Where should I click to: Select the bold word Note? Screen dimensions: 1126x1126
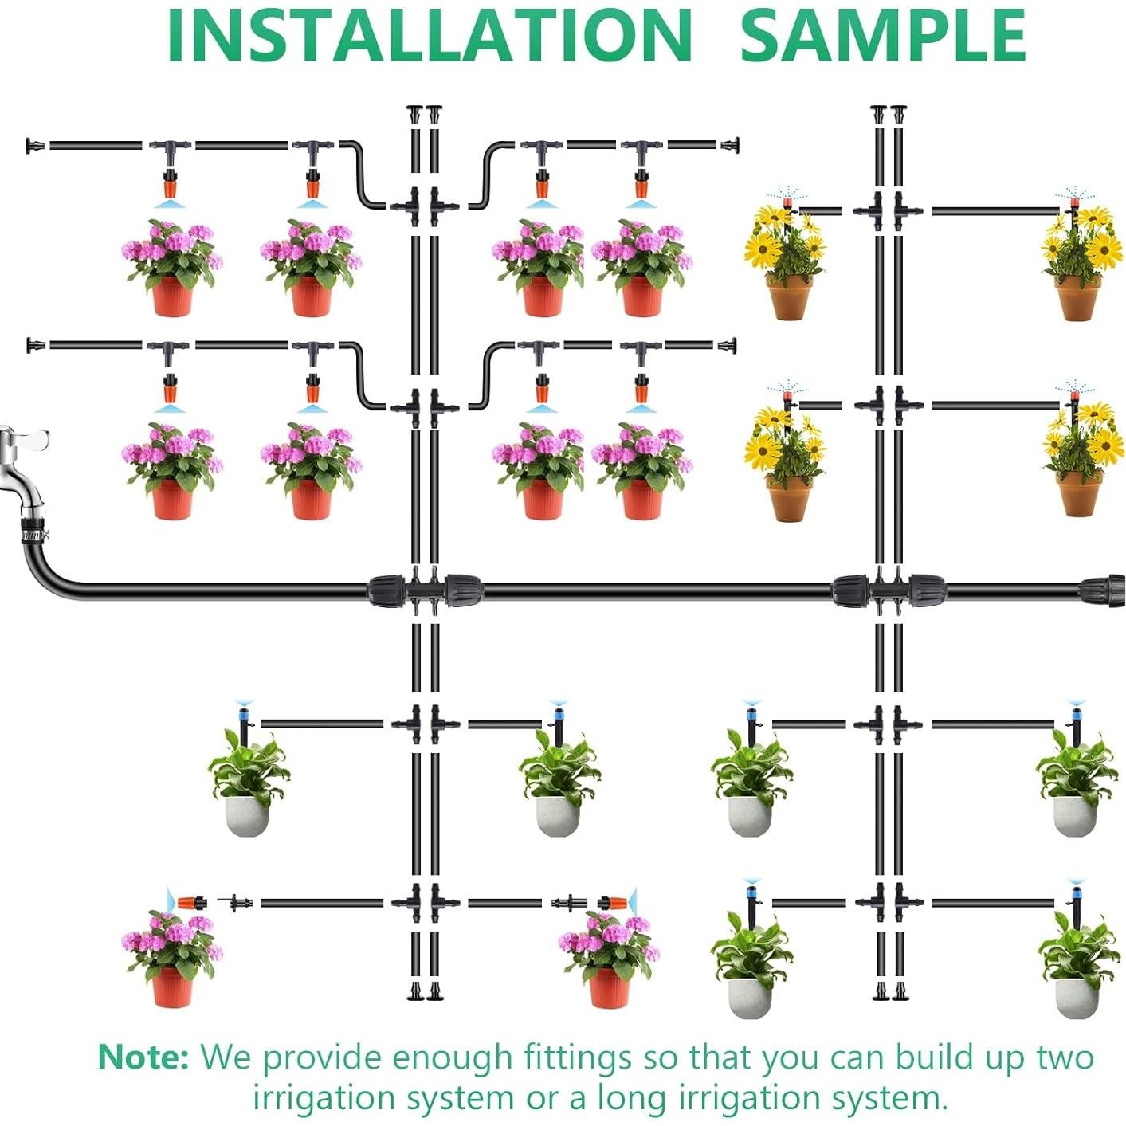point(143,1057)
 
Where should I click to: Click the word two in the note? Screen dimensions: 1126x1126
point(1065,1057)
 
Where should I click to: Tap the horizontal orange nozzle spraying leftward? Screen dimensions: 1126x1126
point(191,903)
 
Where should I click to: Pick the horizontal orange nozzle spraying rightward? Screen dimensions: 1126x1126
point(612,903)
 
